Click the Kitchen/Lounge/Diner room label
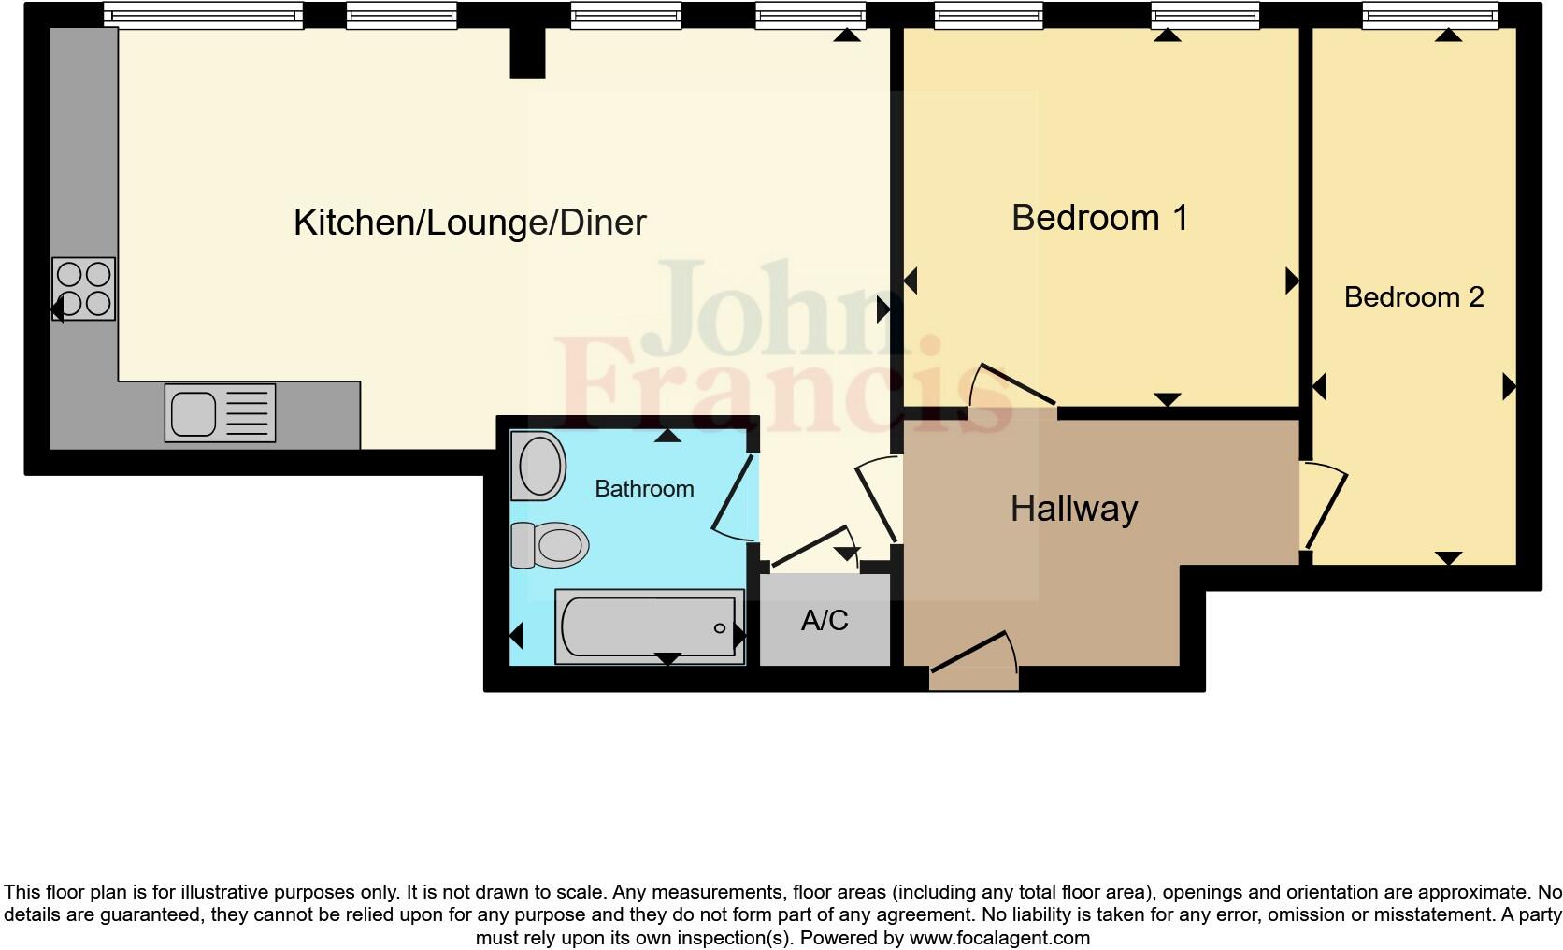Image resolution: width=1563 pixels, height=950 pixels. [x=469, y=223]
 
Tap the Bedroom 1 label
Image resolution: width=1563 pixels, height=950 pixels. [x=1099, y=218]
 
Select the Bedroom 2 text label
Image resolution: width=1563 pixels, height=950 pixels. [x=1413, y=297]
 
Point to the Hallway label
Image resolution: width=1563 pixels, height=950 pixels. [x=1074, y=509]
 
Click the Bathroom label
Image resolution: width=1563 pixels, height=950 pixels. [x=644, y=488]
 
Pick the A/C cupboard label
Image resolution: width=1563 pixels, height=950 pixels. [x=825, y=620]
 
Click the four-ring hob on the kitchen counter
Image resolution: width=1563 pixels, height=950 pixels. [x=84, y=289]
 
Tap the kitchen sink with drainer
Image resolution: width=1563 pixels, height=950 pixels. [x=221, y=412]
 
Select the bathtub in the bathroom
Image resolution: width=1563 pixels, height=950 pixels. [x=650, y=626]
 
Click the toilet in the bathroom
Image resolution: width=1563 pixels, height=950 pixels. [x=550, y=544]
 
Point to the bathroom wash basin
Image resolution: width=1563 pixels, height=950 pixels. [x=538, y=466]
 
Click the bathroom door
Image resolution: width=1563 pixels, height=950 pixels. [x=733, y=497]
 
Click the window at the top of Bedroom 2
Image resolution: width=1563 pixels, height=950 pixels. [x=1429, y=15]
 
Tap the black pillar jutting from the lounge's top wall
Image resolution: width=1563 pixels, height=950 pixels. [x=527, y=52]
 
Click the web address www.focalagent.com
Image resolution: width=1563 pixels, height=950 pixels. [x=998, y=938]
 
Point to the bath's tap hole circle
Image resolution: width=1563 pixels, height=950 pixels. [x=720, y=628]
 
